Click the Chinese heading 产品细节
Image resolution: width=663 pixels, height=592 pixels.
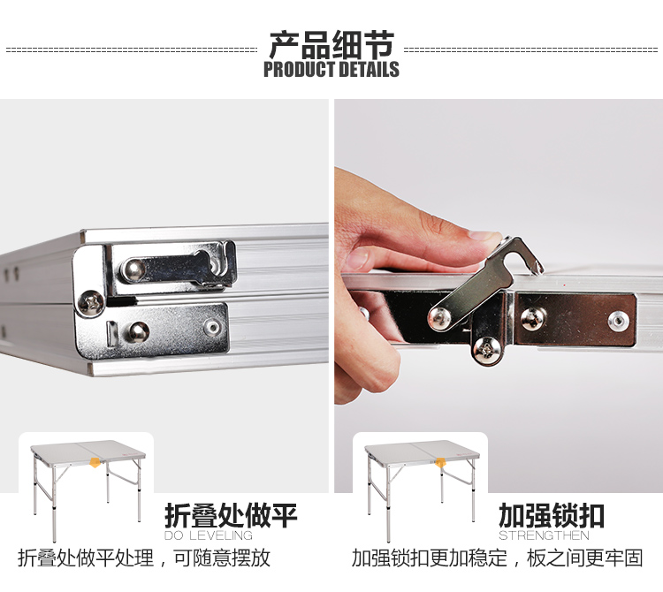331,44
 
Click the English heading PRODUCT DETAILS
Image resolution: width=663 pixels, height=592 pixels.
331,69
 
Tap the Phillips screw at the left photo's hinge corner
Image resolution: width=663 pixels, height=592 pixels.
91,302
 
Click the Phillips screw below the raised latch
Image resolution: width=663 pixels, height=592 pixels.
487,350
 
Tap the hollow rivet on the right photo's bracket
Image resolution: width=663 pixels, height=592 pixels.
618,321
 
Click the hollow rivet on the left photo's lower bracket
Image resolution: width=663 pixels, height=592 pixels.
212,328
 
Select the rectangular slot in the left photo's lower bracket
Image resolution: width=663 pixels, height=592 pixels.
111,334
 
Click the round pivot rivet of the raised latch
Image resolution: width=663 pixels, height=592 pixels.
439,318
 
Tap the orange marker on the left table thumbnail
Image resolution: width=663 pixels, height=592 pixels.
95,463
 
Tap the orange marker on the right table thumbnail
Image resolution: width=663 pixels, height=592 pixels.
440,463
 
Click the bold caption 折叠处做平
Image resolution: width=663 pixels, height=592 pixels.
231,515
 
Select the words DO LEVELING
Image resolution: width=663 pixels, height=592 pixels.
209,535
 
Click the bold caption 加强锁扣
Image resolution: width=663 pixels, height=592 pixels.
552,515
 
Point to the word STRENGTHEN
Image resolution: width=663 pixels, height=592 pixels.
544,535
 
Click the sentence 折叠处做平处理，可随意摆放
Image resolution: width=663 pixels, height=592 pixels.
144,558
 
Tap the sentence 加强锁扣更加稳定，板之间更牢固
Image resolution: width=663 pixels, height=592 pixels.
497,558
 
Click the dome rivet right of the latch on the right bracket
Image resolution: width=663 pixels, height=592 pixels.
533,319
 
